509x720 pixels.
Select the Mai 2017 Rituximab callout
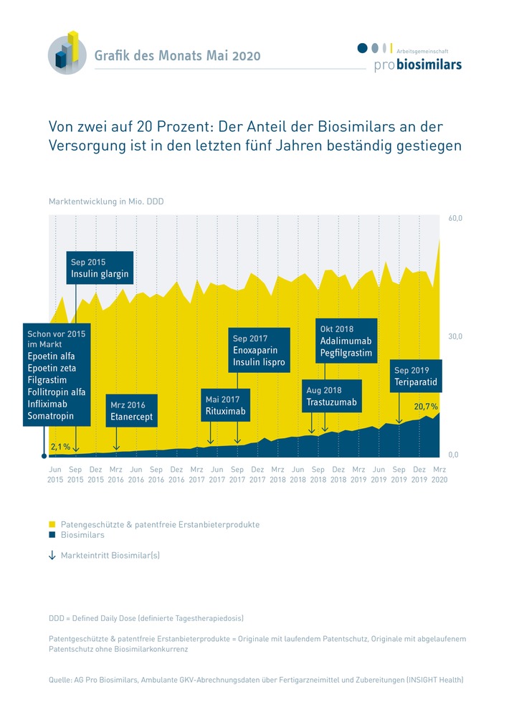coord(224,406)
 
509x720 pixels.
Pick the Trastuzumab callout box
coord(331,396)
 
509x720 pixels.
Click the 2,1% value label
coord(60,447)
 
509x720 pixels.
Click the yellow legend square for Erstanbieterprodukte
coord(52,524)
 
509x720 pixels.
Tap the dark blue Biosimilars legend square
coord(52,535)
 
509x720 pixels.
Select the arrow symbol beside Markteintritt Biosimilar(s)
coord(52,555)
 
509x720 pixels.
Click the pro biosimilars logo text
coord(418,65)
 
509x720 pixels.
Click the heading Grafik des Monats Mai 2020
coord(177,56)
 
